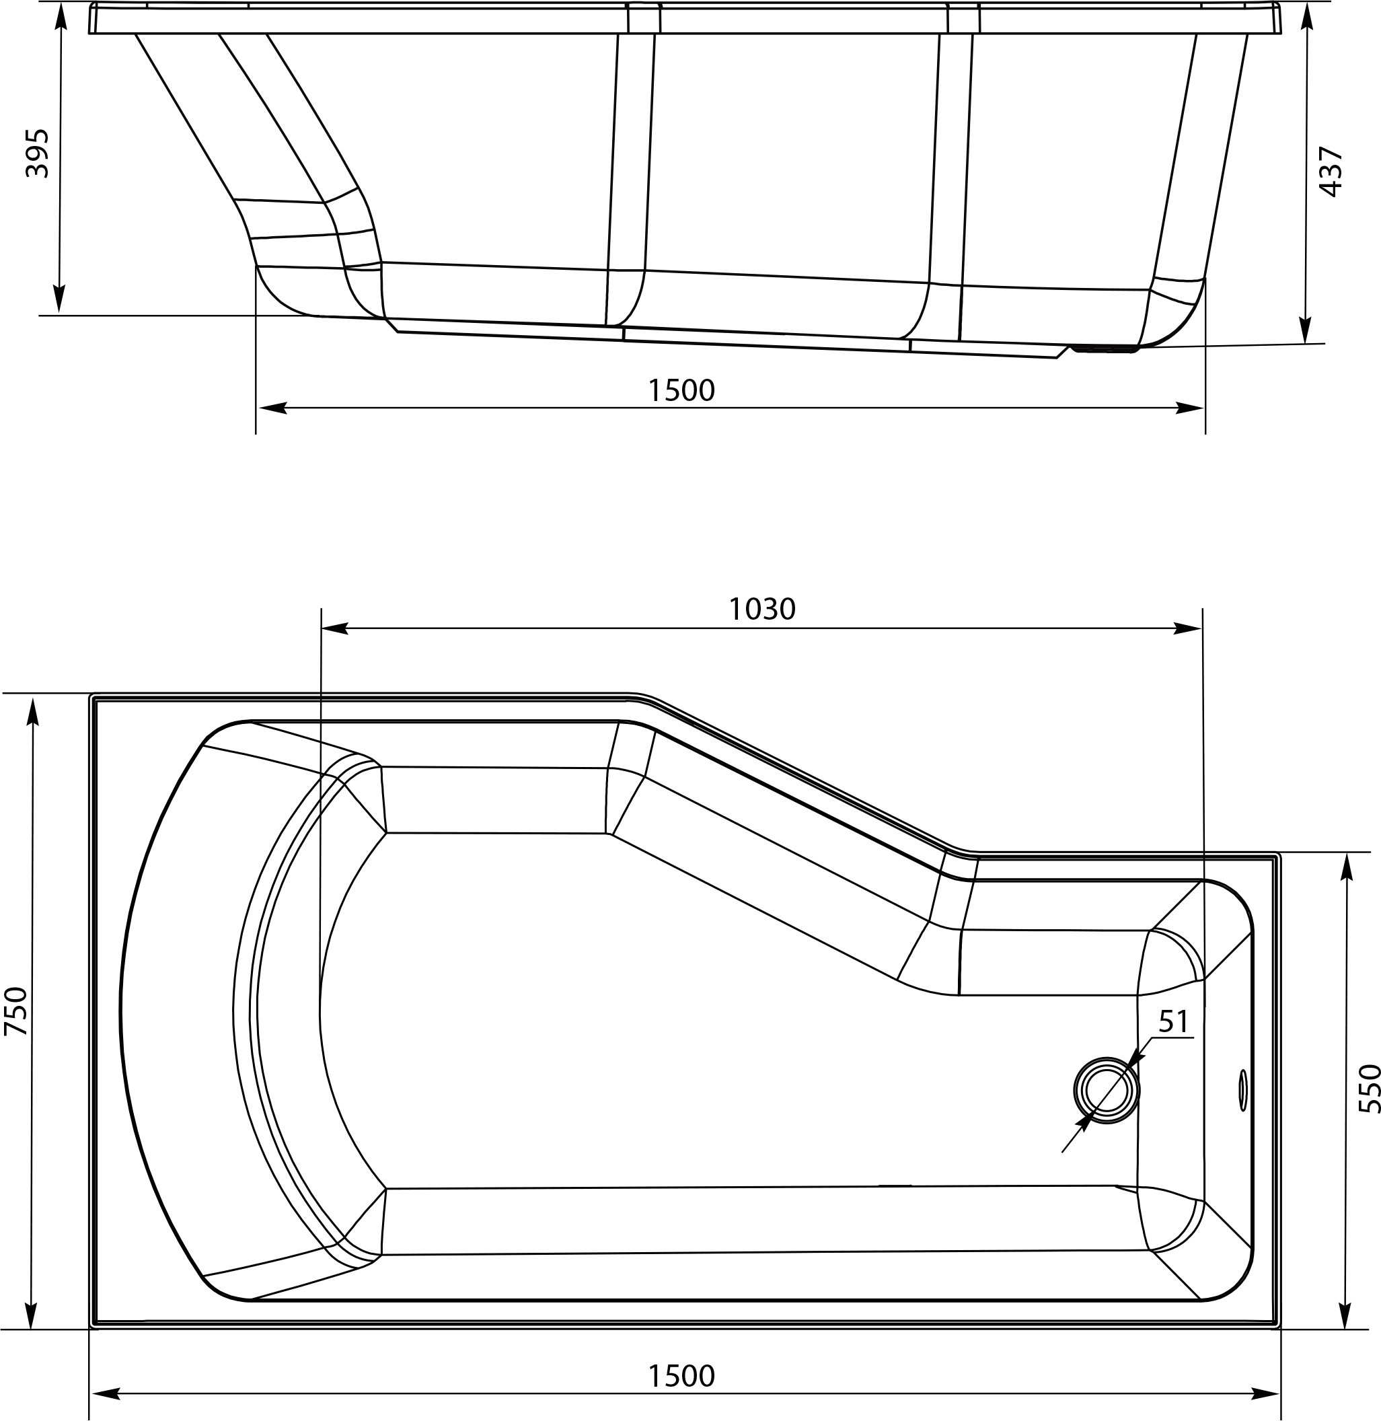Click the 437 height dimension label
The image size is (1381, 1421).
point(1332,172)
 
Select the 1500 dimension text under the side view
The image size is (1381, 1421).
point(681,391)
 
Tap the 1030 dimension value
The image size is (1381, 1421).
point(761,610)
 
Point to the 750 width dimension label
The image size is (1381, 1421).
point(16,1011)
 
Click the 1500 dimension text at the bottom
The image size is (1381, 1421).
point(681,1376)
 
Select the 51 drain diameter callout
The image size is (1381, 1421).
point(1173,1022)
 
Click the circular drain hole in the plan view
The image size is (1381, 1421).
point(1106,1090)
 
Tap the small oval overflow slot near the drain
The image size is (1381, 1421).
point(1243,1089)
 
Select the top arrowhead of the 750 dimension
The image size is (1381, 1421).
point(32,711)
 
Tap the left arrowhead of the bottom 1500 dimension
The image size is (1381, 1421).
point(105,1393)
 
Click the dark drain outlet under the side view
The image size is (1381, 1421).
point(1105,350)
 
